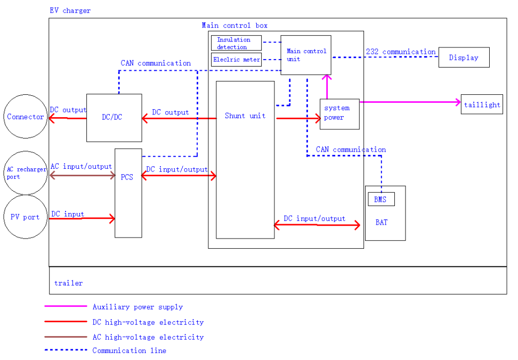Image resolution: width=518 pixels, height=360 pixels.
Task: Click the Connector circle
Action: (x=26, y=117)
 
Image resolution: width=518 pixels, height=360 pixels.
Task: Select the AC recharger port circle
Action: (x=26, y=173)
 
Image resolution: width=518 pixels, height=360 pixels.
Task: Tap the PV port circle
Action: (x=26, y=217)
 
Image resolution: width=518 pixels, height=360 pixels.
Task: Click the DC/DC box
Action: (x=114, y=118)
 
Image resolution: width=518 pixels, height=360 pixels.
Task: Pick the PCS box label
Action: (x=127, y=177)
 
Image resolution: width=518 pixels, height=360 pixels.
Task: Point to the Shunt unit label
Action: (x=245, y=116)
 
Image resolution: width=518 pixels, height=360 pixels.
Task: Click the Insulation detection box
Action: (x=236, y=43)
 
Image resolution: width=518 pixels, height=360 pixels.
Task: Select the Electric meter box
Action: (x=236, y=60)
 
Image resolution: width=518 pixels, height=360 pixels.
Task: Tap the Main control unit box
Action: (x=306, y=55)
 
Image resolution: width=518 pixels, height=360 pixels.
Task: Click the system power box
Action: (x=339, y=113)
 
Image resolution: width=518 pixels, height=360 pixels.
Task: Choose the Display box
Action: (x=464, y=58)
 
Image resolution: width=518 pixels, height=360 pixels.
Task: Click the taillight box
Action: (x=482, y=105)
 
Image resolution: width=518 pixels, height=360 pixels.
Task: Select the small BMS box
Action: (x=381, y=200)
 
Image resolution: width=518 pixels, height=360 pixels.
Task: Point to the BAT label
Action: (x=382, y=223)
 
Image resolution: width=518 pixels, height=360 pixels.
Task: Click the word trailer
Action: (x=68, y=283)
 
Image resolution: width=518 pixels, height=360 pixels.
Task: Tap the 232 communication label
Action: (x=401, y=52)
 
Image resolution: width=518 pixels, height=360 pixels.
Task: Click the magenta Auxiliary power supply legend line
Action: (x=66, y=306)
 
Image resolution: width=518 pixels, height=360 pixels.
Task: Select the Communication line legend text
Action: (x=129, y=350)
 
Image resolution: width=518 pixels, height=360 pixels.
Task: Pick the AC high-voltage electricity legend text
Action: (x=148, y=337)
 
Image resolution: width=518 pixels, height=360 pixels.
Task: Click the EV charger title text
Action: (x=70, y=11)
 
